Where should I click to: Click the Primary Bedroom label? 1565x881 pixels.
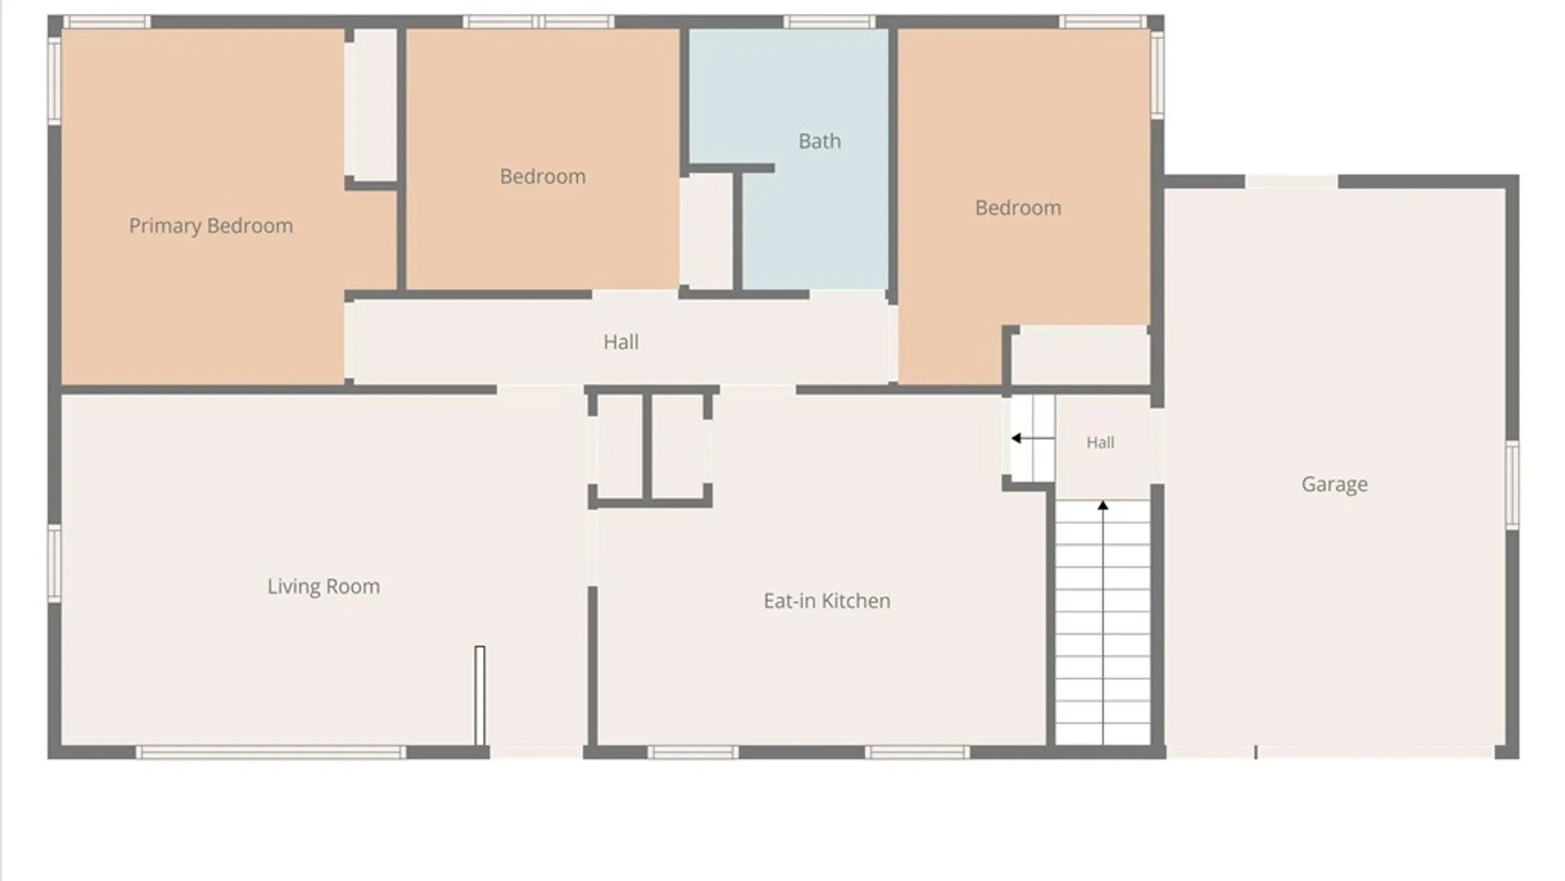click(211, 226)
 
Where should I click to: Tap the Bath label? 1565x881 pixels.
click(819, 141)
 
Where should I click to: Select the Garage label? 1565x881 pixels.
click(1334, 485)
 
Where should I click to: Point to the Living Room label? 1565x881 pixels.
click(324, 587)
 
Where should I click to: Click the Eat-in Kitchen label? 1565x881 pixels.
click(827, 601)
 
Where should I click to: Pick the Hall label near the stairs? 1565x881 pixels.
click(1100, 442)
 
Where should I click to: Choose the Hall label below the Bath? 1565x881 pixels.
click(621, 342)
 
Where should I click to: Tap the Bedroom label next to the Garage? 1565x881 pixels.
click(1018, 208)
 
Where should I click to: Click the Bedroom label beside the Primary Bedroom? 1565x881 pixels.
click(543, 176)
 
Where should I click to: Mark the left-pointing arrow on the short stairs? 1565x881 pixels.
click(1033, 438)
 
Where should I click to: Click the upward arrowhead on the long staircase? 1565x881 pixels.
click(1103, 506)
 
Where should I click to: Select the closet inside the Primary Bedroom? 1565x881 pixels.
click(371, 104)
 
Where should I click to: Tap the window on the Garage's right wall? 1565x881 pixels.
click(1512, 485)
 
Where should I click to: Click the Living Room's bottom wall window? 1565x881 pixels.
click(271, 752)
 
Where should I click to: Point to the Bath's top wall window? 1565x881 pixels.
click(830, 21)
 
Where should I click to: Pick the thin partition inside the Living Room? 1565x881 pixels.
click(479, 695)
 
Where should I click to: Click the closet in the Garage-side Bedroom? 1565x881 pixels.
click(1080, 356)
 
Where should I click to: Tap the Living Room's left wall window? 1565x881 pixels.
click(55, 564)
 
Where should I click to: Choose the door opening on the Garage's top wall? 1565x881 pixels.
click(1292, 181)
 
